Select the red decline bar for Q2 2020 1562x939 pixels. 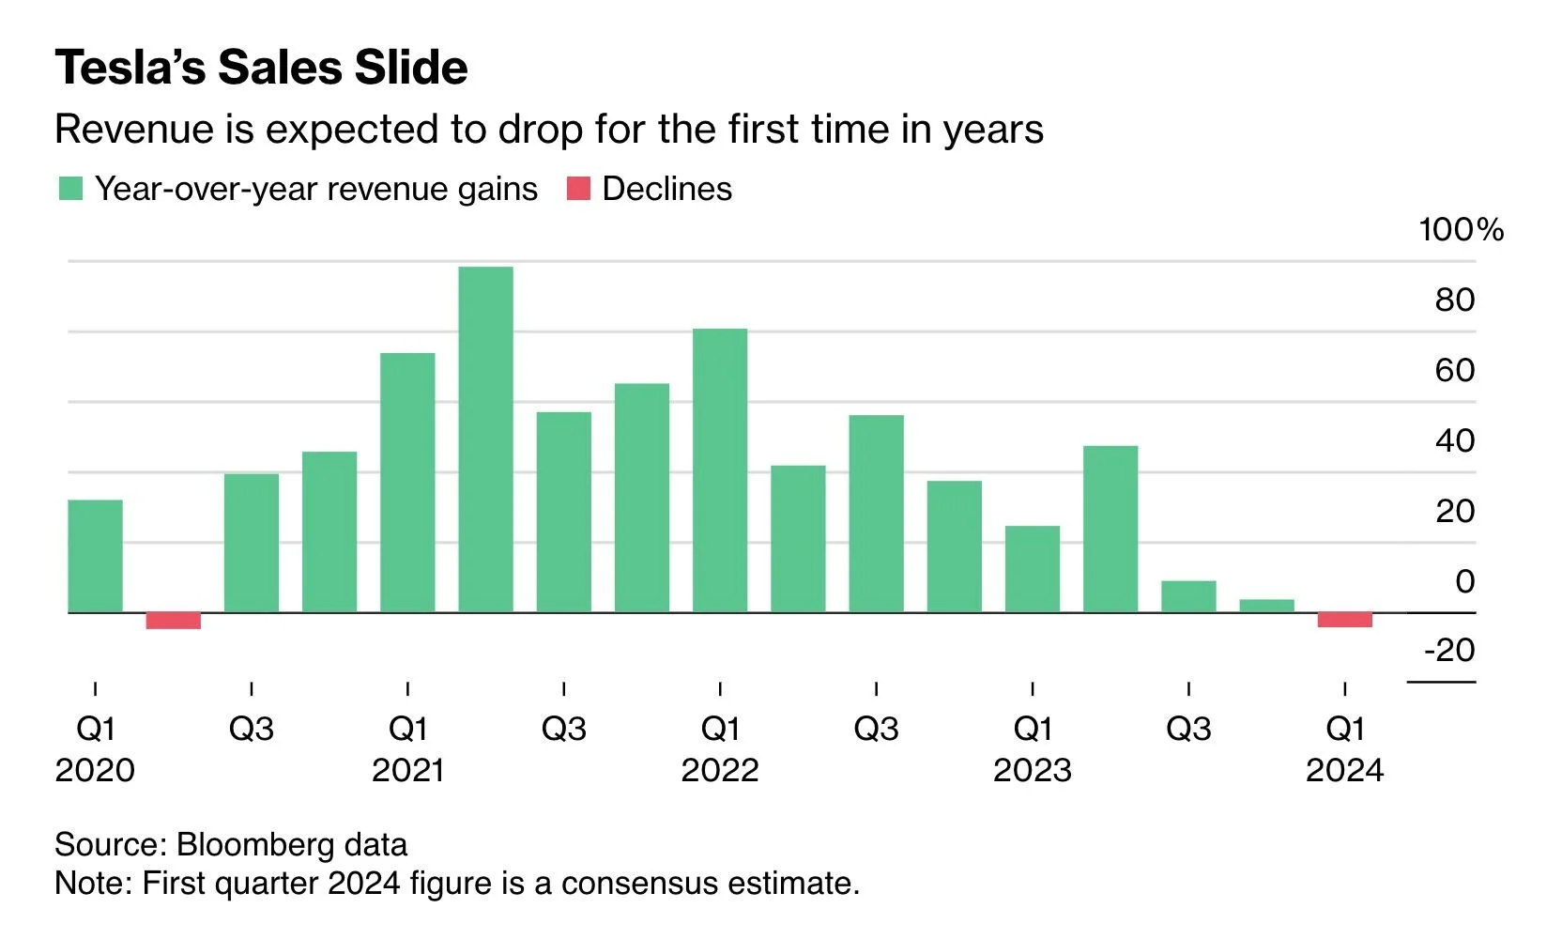tap(174, 621)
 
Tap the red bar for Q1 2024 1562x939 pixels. tap(1344, 620)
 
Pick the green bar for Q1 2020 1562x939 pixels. tap(95, 556)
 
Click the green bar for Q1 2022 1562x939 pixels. tap(720, 470)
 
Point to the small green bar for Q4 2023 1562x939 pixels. tap(1266, 606)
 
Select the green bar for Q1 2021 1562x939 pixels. tap(407, 483)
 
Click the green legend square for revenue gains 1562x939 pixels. tap(70, 189)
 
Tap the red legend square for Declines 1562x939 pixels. tap(578, 189)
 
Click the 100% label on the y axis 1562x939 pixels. tap(1461, 230)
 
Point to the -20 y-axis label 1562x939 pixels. tap(1449, 650)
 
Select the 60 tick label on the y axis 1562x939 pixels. tap(1454, 371)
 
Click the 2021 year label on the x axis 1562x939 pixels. tap(407, 771)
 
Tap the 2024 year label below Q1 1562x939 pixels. tap(1344, 771)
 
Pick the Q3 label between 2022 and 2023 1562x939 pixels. tap(876, 730)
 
